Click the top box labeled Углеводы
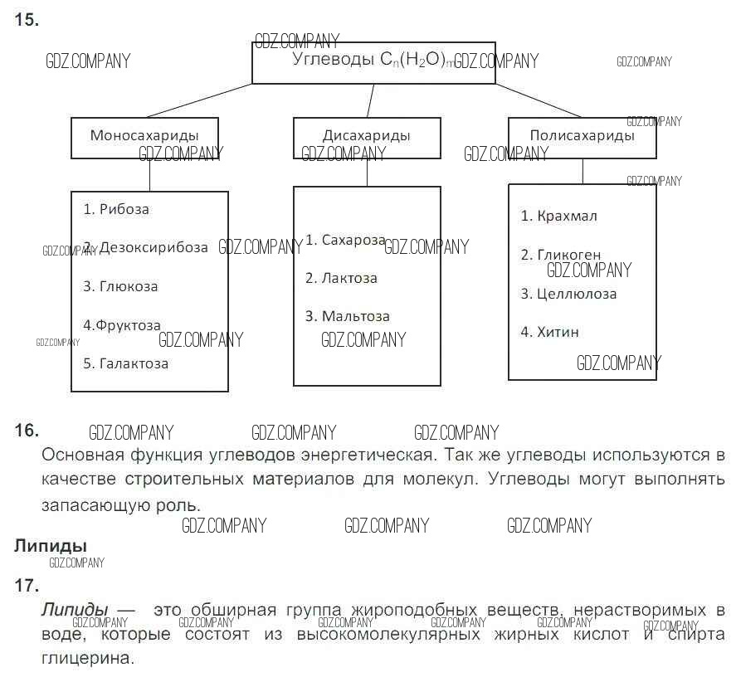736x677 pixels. click(373, 62)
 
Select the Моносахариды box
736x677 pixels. click(144, 137)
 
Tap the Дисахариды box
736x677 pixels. click(367, 137)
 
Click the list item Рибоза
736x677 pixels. click(124, 209)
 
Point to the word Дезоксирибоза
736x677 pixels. click(154, 247)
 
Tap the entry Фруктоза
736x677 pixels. click(128, 325)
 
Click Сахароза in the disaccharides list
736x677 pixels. click(353, 240)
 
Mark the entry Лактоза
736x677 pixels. click(349, 278)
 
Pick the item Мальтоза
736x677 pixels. click(355, 316)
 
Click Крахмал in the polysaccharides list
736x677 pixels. click(567, 216)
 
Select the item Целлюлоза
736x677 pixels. click(577, 294)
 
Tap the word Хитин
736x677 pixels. click(558, 332)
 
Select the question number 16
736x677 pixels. click(27, 430)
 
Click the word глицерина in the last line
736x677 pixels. click(86, 659)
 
